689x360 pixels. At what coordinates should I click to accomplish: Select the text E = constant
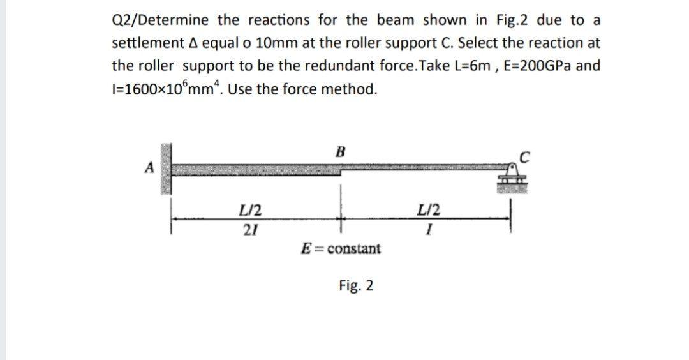pyautogui.click(x=341, y=248)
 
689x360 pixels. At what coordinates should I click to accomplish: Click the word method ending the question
pyautogui.click(x=350, y=89)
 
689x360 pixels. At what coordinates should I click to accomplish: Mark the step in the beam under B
pyautogui.click(x=342, y=171)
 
